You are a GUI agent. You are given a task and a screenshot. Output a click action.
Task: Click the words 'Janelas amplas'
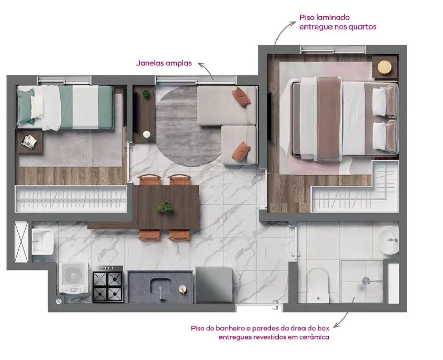click(x=164, y=63)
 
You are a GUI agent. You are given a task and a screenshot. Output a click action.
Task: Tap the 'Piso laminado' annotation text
click(x=325, y=17)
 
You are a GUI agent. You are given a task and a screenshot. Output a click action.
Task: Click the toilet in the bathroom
click(x=318, y=285)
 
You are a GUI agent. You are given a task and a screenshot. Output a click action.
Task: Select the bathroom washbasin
click(x=389, y=240)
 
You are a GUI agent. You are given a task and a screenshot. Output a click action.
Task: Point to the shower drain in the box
click(x=366, y=281)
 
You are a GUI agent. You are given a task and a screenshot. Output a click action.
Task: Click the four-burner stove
click(x=107, y=285)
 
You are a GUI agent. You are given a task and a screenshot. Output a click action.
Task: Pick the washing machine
click(x=74, y=279)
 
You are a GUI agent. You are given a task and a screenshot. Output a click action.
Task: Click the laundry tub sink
click(x=42, y=241)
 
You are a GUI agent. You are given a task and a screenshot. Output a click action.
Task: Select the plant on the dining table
click(x=164, y=207)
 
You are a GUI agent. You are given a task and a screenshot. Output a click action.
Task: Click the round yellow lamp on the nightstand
click(x=384, y=67)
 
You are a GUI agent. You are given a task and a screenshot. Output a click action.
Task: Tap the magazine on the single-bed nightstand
click(x=29, y=141)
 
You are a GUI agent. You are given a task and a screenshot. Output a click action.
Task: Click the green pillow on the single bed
click(x=25, y=106)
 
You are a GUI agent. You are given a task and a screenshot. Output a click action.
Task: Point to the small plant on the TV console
click(x=146, y=94)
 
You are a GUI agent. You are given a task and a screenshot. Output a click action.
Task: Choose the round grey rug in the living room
click(x=188, y=126)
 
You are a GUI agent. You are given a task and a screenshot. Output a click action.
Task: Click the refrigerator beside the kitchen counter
click(x=214, y=285)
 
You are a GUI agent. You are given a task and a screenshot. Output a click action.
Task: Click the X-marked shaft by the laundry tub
click(x=21, y=242)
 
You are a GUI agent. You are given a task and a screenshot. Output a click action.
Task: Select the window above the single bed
click(x=64, y=80)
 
